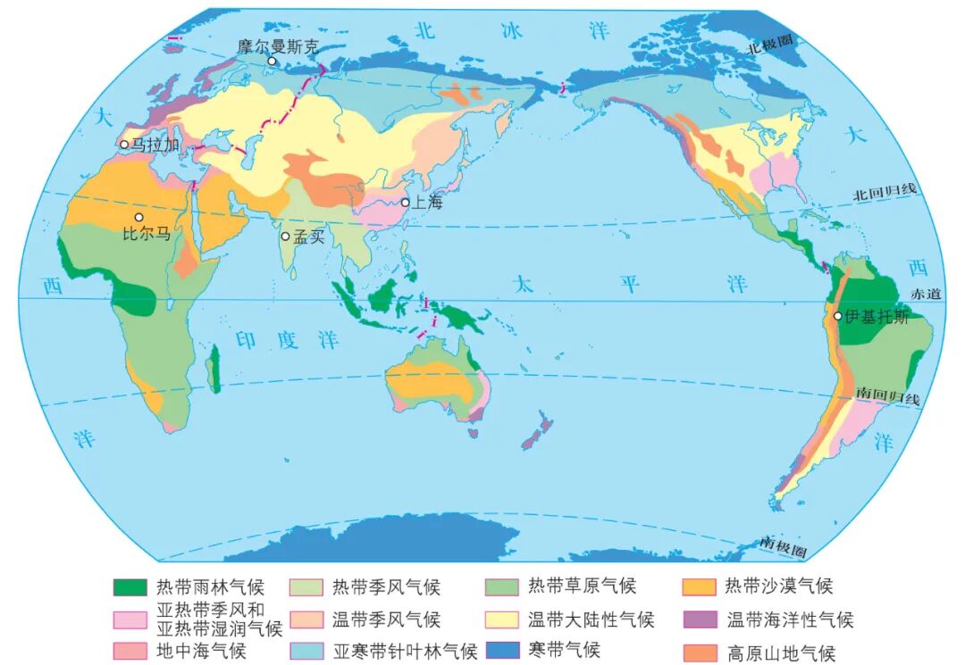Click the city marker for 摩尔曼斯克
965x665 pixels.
[273, 62]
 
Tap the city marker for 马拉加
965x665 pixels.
[124, 144]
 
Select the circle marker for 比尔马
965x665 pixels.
[138, 217]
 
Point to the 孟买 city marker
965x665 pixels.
[285, 237]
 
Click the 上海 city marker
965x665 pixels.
[405, 203]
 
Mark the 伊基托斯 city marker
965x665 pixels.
[837, 316]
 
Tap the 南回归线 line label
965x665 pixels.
[886, 396]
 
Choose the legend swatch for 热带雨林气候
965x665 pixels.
[130, 586]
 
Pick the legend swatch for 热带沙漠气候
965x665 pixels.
[700, 586]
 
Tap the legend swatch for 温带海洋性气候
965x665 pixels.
[700, 619]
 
